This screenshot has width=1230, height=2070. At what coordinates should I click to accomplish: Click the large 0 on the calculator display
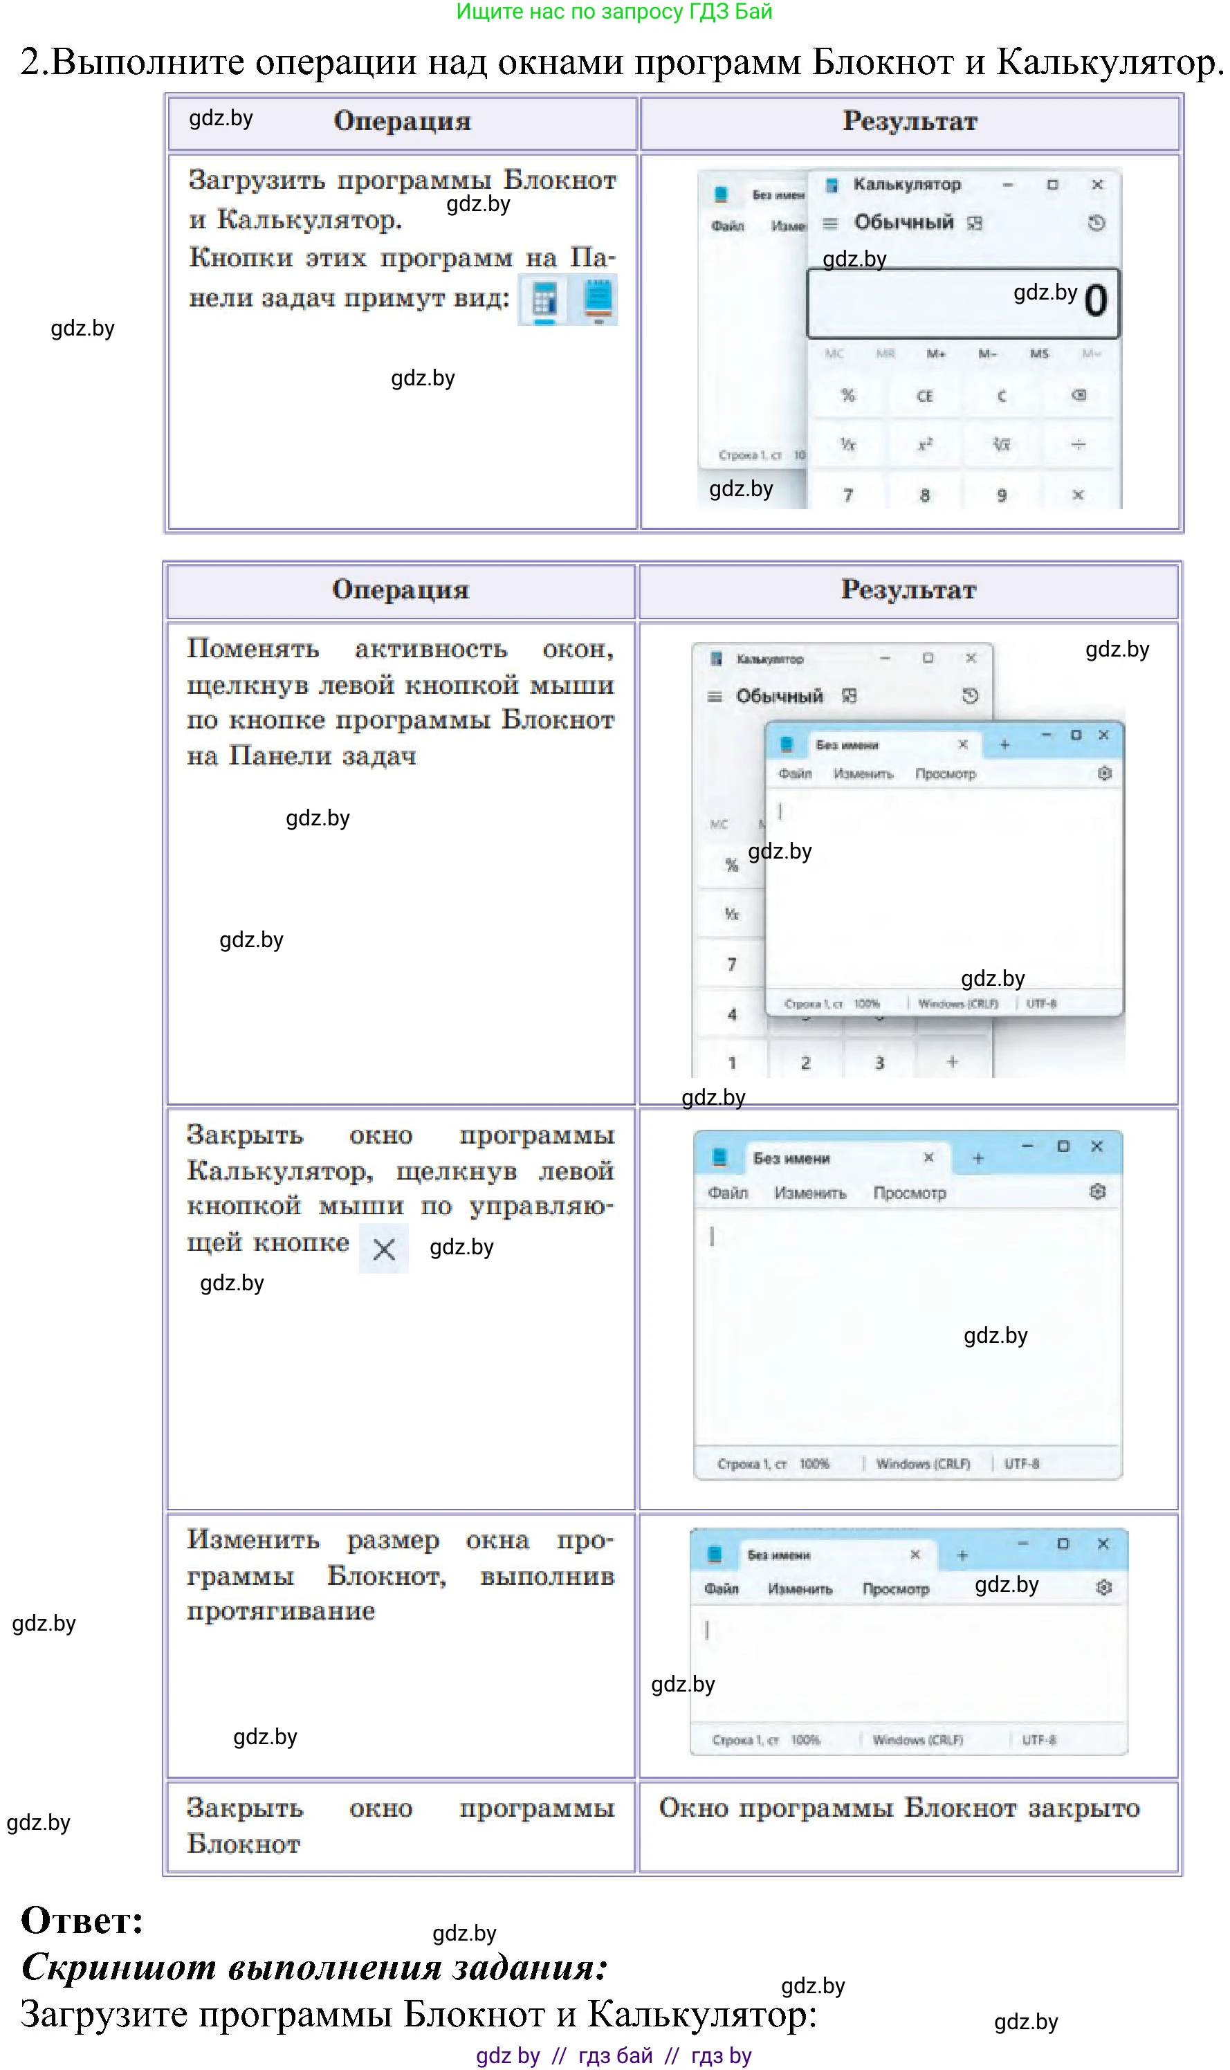coord(1095,301)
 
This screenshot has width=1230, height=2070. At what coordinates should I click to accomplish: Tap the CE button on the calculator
coord(924,396)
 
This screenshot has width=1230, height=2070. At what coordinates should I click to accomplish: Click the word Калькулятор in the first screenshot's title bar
coord(907,184)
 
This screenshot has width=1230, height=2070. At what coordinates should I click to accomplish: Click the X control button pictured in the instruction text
coord(384,1249)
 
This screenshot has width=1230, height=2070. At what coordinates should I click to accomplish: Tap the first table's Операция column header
coord(402,121)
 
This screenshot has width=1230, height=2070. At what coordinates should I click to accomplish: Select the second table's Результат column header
coord(908,589)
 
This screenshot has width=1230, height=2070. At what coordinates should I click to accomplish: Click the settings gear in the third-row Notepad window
coord(1097,1191)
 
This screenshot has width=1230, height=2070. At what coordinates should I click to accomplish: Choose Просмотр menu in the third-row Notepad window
coord(909,1193)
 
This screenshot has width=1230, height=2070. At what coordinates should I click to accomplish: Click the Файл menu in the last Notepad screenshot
coord(721,1588)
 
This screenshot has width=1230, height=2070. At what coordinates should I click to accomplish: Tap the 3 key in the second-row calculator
coord(879,1063)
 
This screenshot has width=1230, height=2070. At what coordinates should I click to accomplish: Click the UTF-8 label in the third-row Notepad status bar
coord(1021,1463)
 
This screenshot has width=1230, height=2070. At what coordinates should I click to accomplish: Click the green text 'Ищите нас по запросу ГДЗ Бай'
coord(614,12)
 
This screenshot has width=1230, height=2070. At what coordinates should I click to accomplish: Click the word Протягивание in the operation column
coord(280,1612)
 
